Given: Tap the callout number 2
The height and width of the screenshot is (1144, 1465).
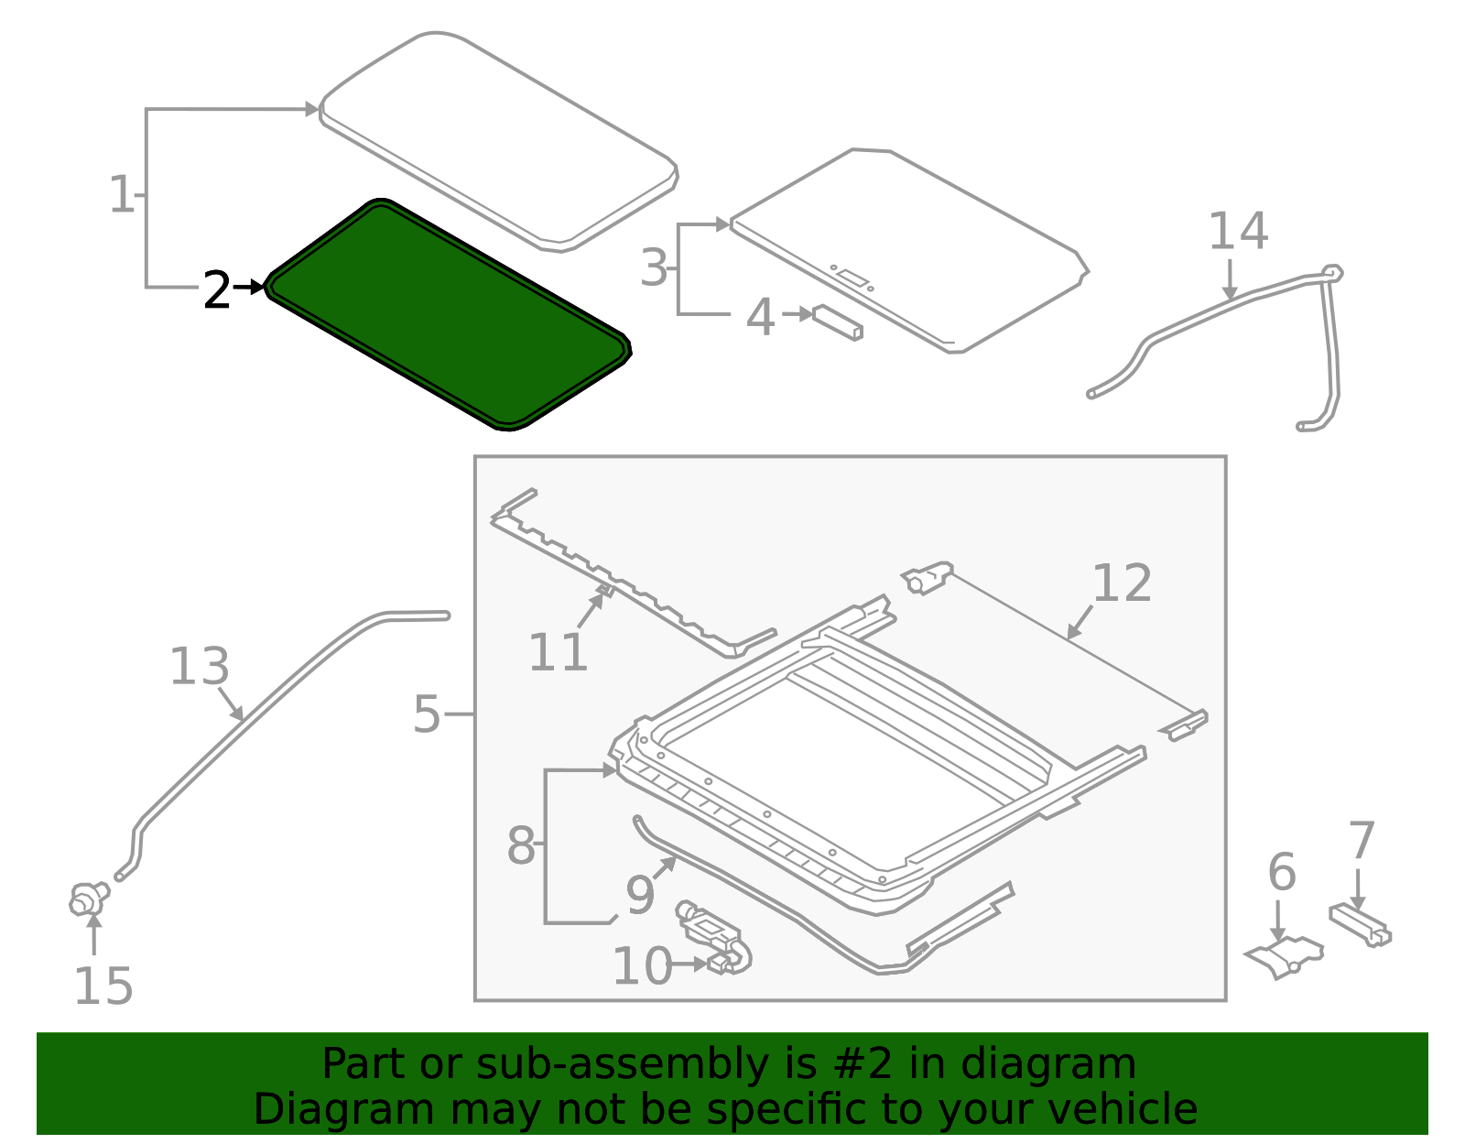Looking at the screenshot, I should [216, 289].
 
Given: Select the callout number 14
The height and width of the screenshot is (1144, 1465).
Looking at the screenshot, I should [1238, 231].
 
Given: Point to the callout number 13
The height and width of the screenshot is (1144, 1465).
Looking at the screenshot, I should [199, 667].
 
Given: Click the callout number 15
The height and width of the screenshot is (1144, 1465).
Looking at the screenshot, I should [103, 986].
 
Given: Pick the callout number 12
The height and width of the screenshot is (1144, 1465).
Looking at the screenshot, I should [1122, 583].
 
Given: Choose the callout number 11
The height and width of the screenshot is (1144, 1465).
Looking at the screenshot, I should [558, 653].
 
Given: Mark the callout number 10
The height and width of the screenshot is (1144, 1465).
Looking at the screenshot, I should [642, 966].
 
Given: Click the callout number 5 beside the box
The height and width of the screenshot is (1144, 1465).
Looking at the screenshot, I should [427, 714].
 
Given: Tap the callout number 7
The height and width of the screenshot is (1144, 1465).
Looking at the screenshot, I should [1362, 840].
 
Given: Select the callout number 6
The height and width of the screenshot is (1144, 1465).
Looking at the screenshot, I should [1282, 872].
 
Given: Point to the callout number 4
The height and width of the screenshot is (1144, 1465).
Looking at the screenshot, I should [760, 317].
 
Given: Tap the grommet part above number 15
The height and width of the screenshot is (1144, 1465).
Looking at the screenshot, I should [89, 899].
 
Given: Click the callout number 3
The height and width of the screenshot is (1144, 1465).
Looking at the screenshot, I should [654, 268].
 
